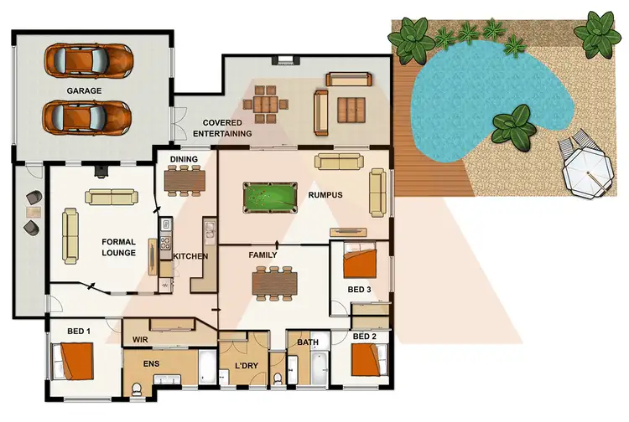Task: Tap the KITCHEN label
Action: click(x=190, y=256)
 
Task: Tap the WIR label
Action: click(x=139, y=340)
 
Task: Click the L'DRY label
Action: click(x=245, y=366)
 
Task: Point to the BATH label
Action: click(x=307, y=342)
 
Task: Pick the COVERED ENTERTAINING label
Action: click(x=222, y=128)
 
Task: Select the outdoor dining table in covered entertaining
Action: click(x=268, y=104)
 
